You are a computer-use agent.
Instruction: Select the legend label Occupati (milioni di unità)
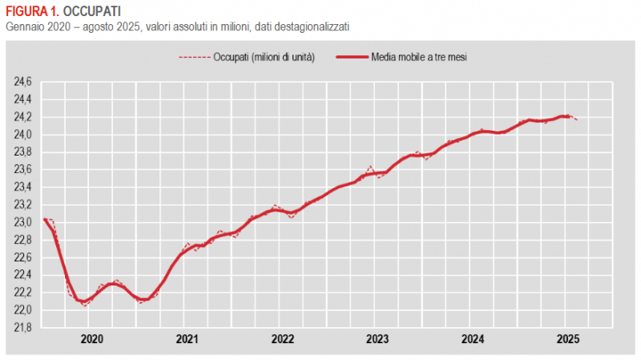click(264, 58)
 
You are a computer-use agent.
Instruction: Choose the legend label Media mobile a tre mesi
click(420, 58)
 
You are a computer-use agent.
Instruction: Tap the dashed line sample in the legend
click(193, 58)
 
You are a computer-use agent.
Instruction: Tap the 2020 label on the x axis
click(92, 339)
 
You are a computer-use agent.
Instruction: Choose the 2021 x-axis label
click(187, 339)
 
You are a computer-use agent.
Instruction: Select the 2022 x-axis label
click(282, 339)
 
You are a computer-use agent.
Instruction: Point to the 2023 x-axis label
click(377, 339)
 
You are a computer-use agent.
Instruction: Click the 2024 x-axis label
click(472, 339)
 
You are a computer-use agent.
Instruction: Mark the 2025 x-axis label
click(566, 339)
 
